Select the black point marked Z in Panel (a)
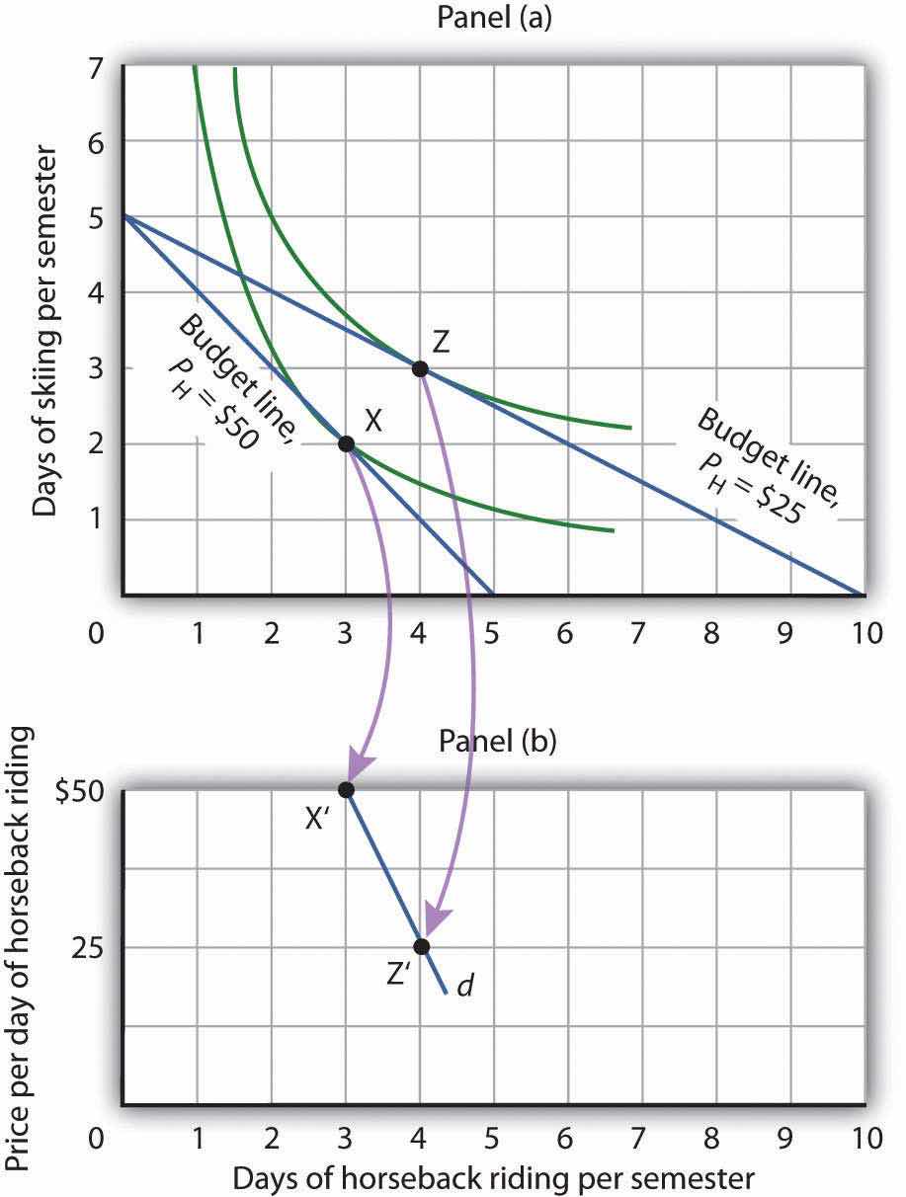click(x=420, y=368)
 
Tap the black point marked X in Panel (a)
click(x=346, y=443)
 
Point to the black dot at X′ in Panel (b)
click(x=346, y=789)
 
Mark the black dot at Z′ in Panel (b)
click(x=422, y=946)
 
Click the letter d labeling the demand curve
click(x=462, y=987)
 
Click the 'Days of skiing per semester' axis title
click(x=43, y=326)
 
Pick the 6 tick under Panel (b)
click(x=565, y=1138)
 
